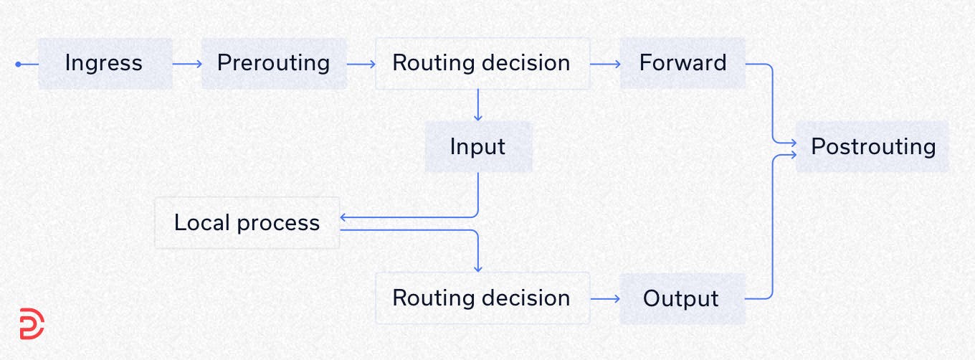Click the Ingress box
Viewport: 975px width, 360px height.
click(105, 64)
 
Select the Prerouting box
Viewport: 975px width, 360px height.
click(274, 64)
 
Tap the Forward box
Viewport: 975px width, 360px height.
click(682, 64)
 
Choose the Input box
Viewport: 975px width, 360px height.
click(478, 147)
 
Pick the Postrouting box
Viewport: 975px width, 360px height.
click(872, 147)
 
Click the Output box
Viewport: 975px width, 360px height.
click(682, 298)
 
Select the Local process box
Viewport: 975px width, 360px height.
click(247, 223)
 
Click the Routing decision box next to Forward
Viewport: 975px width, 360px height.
click(482, 64)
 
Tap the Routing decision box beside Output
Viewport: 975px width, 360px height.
click(482, 298)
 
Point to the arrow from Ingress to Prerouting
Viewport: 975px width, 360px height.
click(187, 64)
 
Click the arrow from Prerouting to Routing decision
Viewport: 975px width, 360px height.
click(361, 64)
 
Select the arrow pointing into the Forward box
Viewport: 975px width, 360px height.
click(605, 64)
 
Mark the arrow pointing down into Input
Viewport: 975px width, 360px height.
click(478, 105)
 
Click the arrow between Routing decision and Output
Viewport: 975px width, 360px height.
click(605, 298)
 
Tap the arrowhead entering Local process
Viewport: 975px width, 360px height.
click(343, 217)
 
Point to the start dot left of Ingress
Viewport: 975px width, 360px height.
click(19, 65)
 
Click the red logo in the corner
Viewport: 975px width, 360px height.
click(32, 324)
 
